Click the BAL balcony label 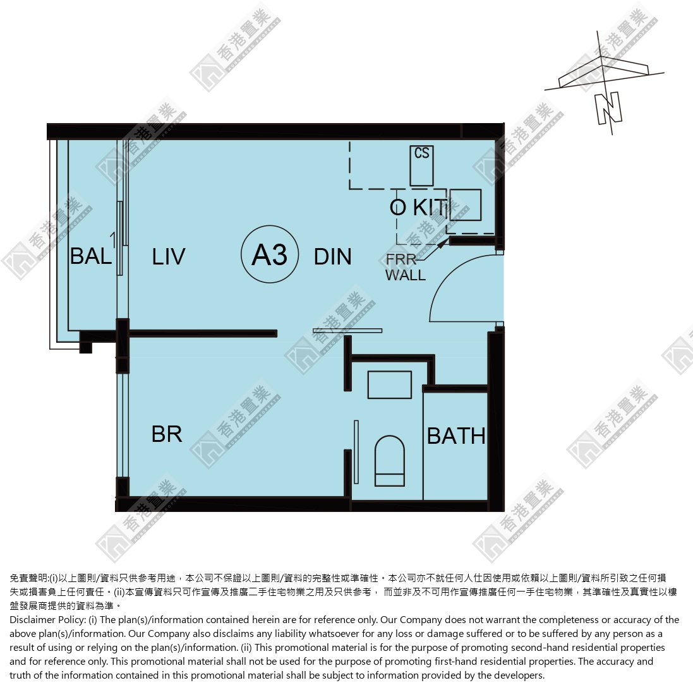click(x=91, y=256)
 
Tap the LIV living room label click(x=169, y=257)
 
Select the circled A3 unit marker click(x=270, y=254)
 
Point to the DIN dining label click(x=332, y=257)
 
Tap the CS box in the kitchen click(x=421, y=165)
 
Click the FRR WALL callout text click(x=405, y=267)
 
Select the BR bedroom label click(x=167, y=434)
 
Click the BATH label click(x=456, y=436)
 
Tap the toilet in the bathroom click(x=389, y=461)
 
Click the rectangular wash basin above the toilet click(x=389, y=384)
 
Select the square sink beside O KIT click(x=466, y=205)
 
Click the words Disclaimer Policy click(x=48, y=620)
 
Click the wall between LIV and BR click(x=203, y=333)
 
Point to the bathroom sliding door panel click(x=356, y=452)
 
